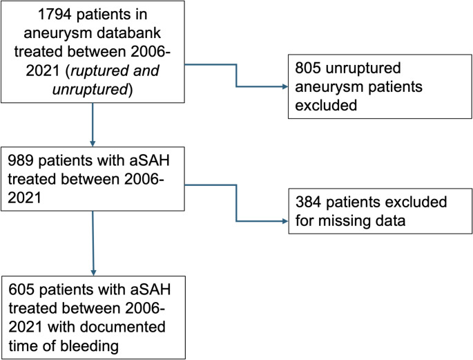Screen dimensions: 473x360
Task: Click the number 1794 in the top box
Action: pyautogui.click(x=55, y=15)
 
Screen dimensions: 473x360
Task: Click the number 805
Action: pyautogui.click(x=308, y=68)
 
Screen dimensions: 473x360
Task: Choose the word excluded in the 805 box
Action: pyautogui.click(x=326, y=105)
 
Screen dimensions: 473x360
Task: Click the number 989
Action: pyautogui.click(x=21, y=160)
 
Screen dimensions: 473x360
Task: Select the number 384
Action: pyautogui.click(x=309, y=202)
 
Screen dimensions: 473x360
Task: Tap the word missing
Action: pyautogui.click(x=342, y=220)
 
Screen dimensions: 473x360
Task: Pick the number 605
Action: pyautogui.click(x=21, y=290)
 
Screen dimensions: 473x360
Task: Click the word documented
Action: pyautogui.click(x=122, y=327)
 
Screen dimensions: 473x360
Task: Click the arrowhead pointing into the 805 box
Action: pyautogui.click(x=285, y=86)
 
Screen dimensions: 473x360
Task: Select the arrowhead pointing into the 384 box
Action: pyautogui.click(x=285, y=221)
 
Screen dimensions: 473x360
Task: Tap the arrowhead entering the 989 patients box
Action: pyautogui.click(x=93, y=144)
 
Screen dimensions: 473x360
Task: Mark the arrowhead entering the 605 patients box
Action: pyautogui.click(x=93, y=272)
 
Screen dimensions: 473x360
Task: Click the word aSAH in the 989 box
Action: pyautogui.click(x=150, y=160)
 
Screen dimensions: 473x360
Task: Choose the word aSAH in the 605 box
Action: pyautogui.click(x=151, y=290)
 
